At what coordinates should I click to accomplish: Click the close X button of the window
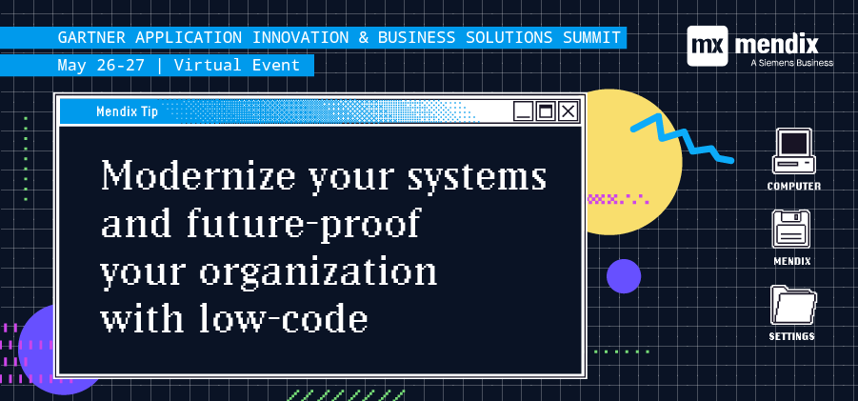point(568,111)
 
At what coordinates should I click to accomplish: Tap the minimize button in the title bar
point(523,111)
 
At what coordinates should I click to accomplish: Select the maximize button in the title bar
point(546,111)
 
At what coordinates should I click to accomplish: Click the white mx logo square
point(708,46)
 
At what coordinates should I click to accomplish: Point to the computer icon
point(793,151)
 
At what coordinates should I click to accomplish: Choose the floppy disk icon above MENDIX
point(791,229)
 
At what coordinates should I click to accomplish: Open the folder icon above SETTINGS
point(793,305)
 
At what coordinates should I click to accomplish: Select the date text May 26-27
point(101,65)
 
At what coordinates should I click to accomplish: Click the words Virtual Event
point(237,65)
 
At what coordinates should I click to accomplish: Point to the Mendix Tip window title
point(127,111)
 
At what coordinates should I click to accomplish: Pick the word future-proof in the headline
point(303,224)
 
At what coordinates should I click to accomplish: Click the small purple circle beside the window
point(623,276)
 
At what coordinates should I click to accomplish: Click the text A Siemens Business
point(791,63)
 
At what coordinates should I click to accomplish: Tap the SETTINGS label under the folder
point(791,336)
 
